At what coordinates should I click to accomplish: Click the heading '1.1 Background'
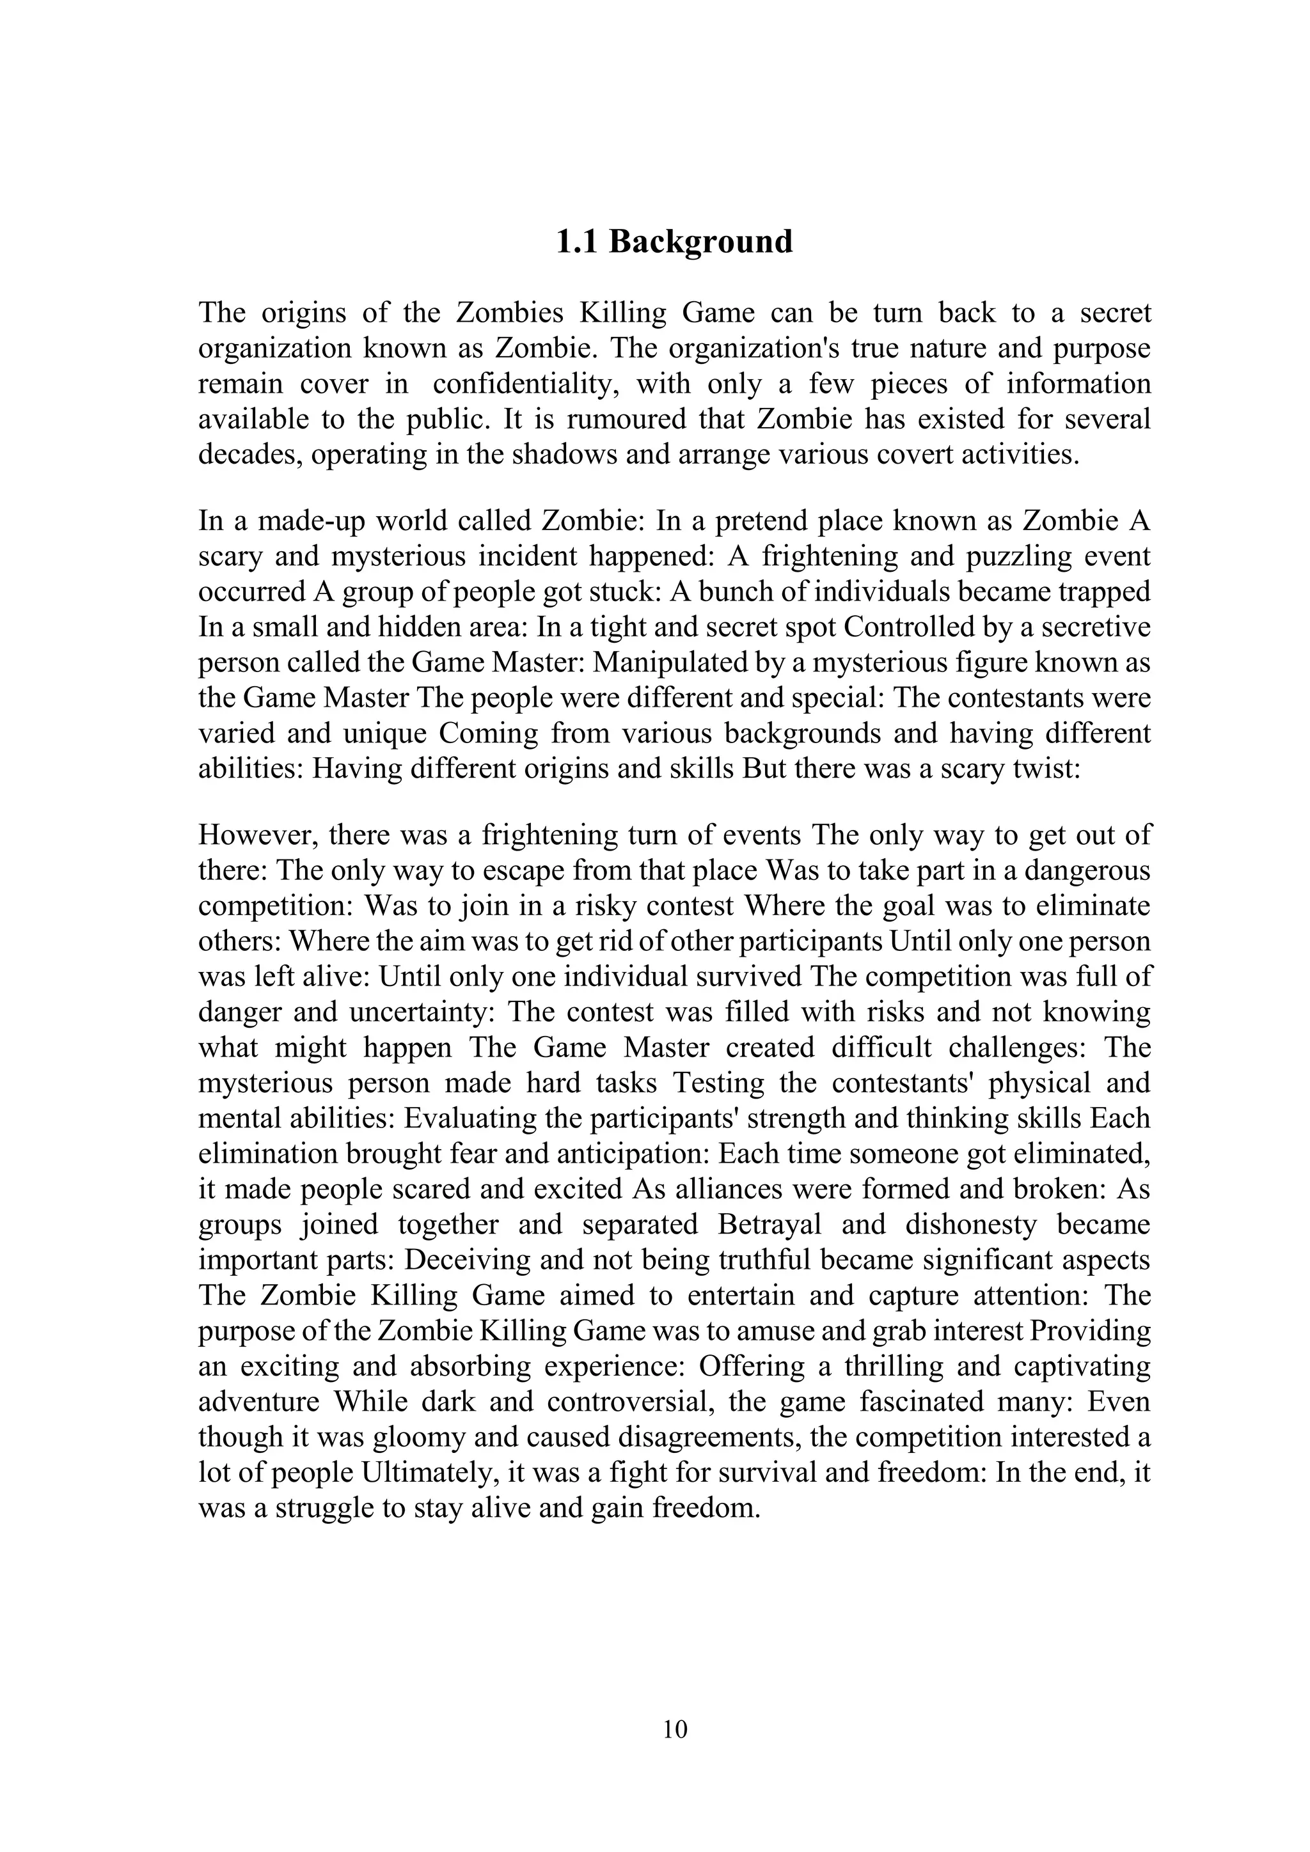point(674,242)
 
